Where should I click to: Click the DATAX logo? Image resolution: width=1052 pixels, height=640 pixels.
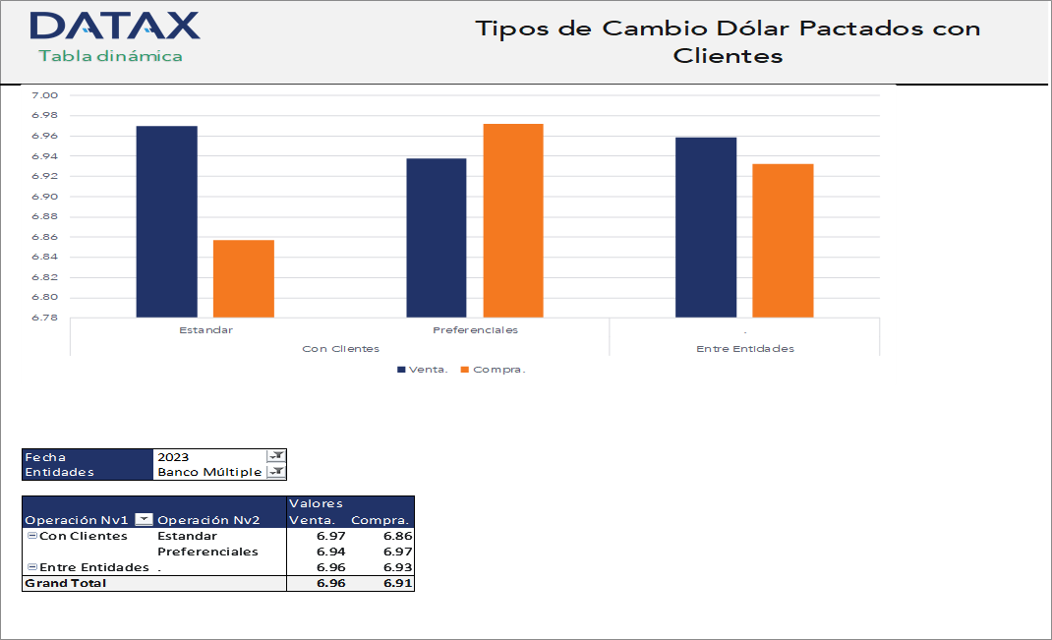point(115,27)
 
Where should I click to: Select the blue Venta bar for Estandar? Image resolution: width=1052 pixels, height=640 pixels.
point(166,221)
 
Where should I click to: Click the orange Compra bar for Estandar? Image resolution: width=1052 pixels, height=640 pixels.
point(244,278)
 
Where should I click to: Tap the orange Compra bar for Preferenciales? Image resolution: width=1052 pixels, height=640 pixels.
point(513,220)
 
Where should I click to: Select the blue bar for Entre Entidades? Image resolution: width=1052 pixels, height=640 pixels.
point(706,227)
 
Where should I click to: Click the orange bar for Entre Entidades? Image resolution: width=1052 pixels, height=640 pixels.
point(784,240)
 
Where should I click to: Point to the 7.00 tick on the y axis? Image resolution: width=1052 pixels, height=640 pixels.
point(45,95)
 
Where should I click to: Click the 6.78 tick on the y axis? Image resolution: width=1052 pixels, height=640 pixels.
point(45,319)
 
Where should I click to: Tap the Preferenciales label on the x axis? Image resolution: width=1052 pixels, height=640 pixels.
point(475,330)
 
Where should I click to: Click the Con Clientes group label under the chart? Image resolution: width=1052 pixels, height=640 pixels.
point(340,349)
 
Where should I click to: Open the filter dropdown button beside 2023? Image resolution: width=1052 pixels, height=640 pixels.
point(276,456)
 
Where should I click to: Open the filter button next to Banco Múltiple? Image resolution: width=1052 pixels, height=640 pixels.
point(276,472)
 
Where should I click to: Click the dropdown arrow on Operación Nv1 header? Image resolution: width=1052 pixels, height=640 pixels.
point(144,520)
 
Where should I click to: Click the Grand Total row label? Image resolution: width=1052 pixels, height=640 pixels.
point(65,583)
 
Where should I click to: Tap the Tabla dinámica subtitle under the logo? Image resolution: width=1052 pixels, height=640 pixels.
point(110,56)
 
